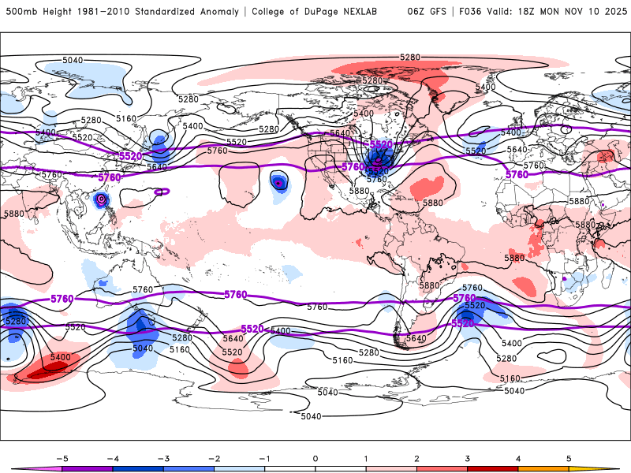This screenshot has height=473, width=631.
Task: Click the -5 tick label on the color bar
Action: click(x=60, y=457)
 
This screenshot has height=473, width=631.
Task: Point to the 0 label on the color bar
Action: click(x=315, y=457)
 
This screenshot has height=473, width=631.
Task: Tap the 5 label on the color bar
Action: click(x=569, y=457)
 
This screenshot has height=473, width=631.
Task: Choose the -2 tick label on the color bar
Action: click(x=213, y=457)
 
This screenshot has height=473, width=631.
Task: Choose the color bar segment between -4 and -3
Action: click(x=137, y=468)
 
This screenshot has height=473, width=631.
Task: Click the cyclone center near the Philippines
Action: click(x=101, y=200)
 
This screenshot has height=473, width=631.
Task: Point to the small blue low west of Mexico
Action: click(x=278, y=183)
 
